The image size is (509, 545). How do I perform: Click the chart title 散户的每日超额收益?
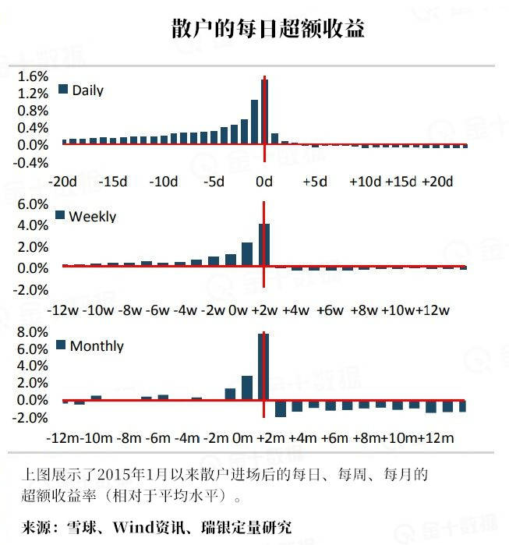268,30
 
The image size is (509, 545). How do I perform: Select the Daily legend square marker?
63,89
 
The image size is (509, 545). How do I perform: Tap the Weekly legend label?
92,217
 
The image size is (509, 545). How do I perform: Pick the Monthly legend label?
97,345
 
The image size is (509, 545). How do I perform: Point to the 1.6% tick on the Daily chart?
32,76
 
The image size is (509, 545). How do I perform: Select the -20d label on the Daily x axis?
62,182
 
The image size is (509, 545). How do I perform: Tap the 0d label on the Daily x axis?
264,182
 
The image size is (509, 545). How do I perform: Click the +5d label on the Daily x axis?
314,182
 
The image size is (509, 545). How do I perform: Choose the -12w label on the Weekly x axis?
62,310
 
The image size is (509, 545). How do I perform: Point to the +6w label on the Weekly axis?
331,310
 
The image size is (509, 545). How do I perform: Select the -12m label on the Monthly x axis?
62,437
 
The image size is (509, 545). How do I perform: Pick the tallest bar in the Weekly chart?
264,245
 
